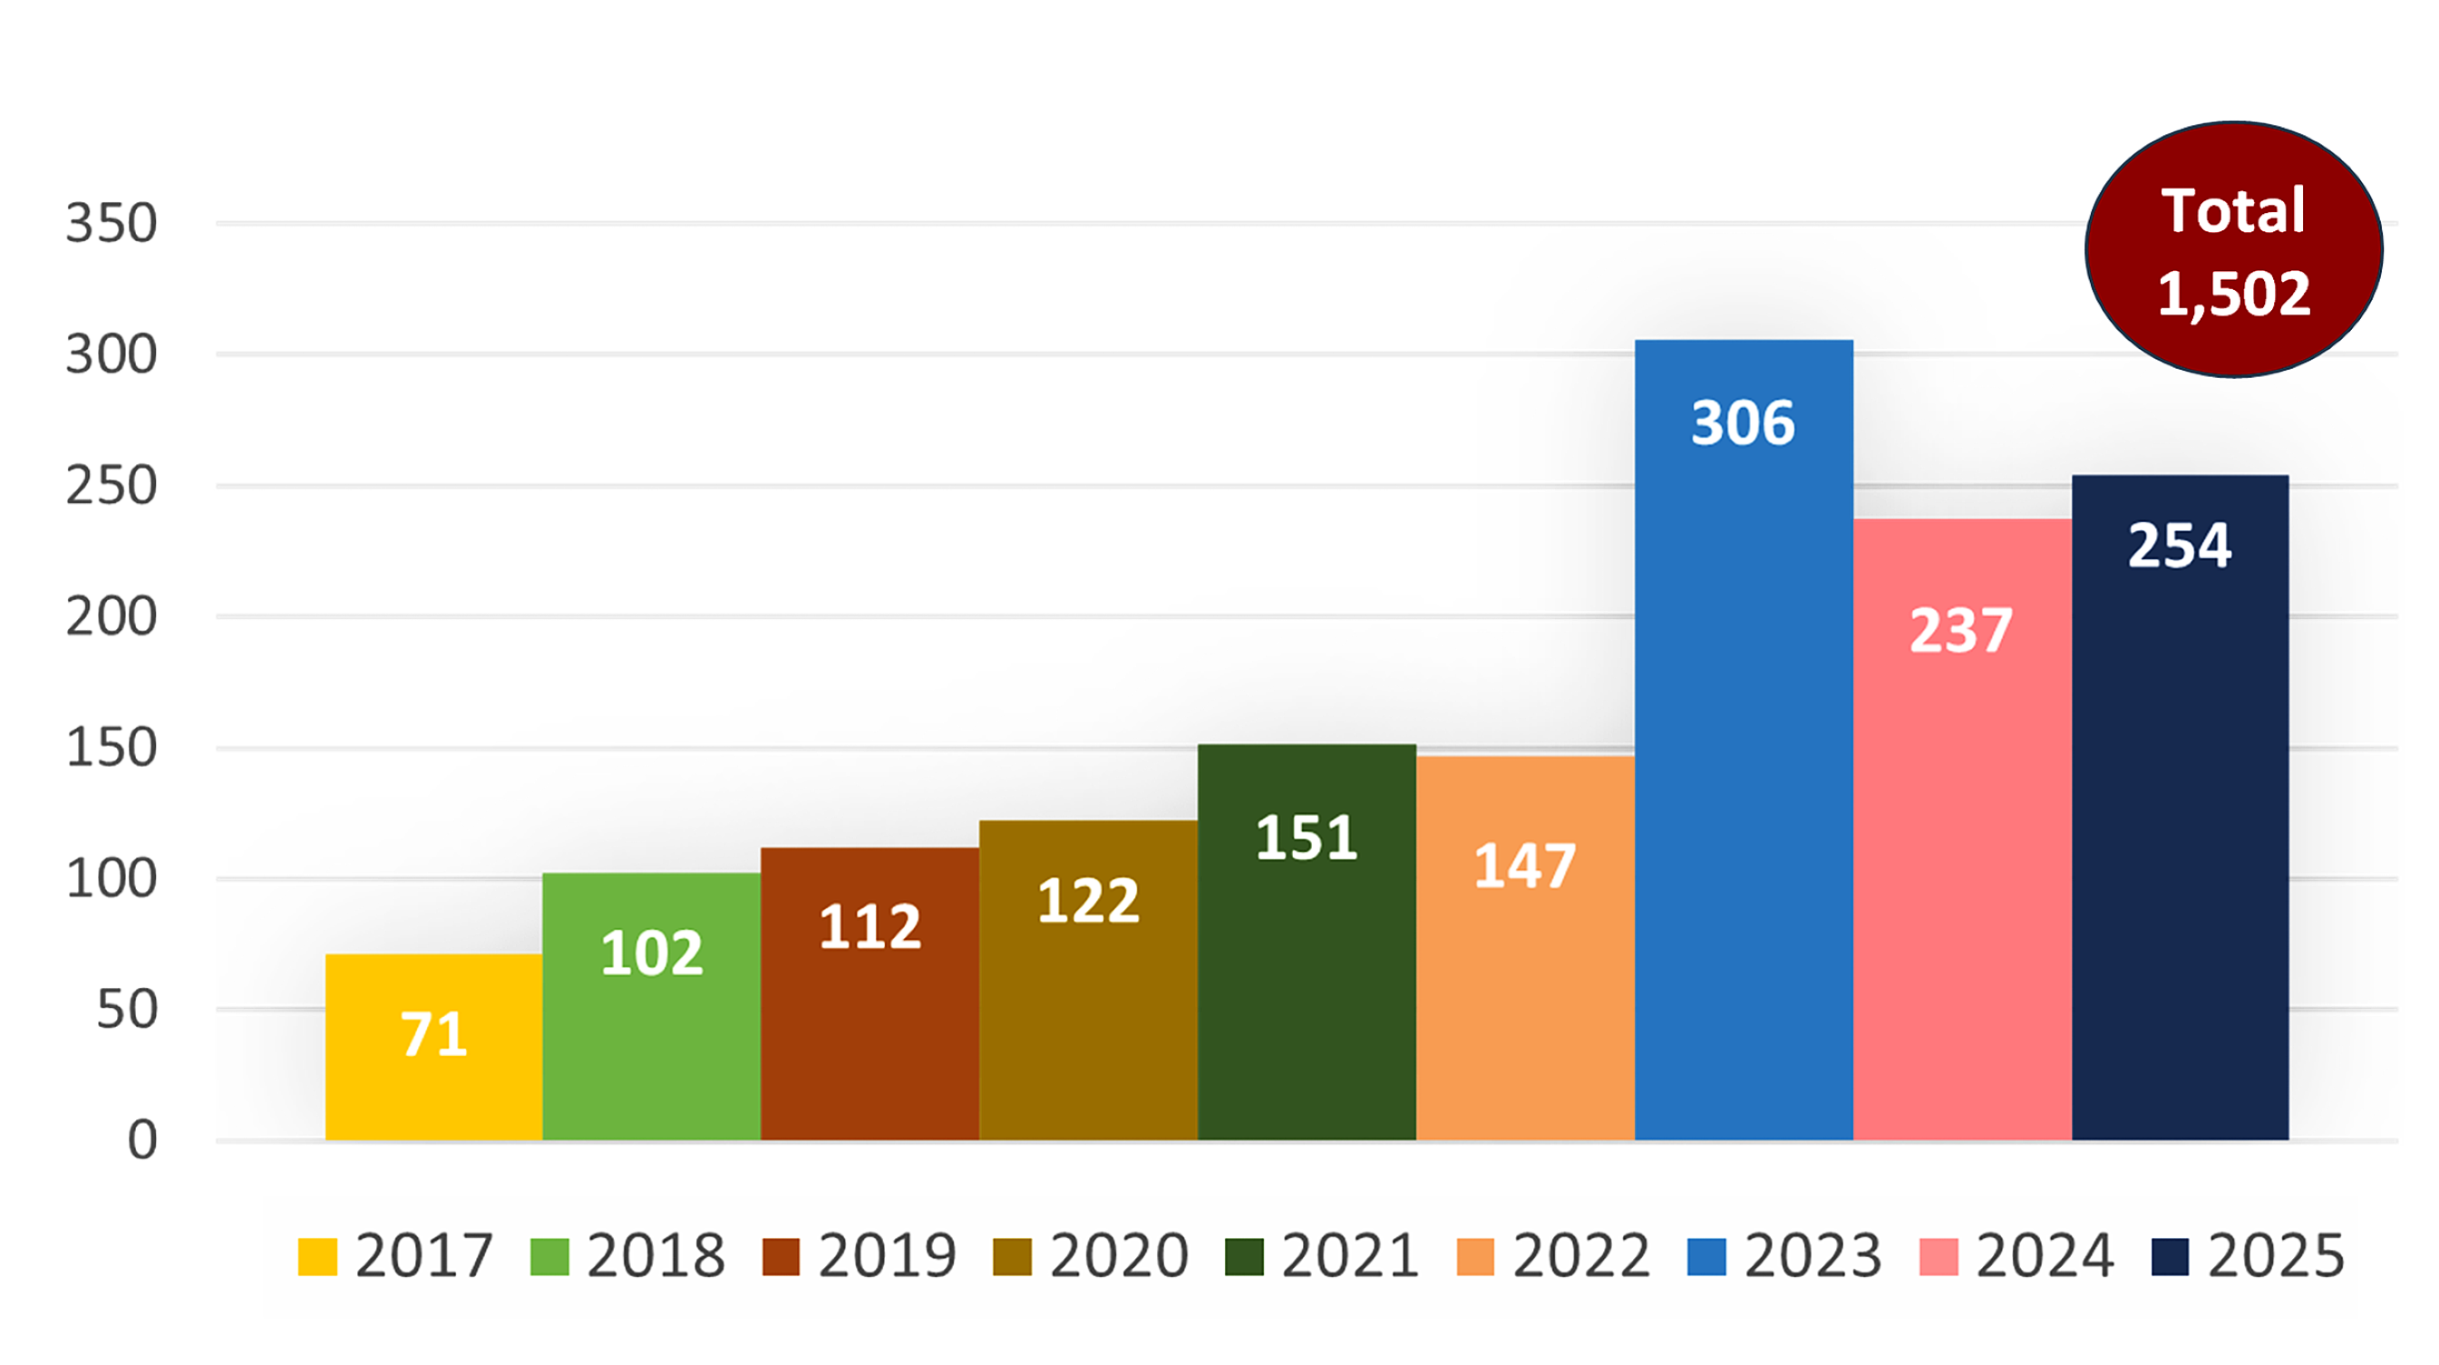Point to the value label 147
pos(1524,866)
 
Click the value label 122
pos(1088,900)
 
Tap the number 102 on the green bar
pos(651,953)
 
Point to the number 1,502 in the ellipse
pos(2233,294)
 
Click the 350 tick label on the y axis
pos(111,225)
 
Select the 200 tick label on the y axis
pos(111,617)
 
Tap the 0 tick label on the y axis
pos(142,1139)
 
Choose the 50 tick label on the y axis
pos(127,1010)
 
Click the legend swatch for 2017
pos(317,1257)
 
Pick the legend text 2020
pos(1118,1256)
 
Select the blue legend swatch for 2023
pos(1706,1257)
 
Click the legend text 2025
pos(2276,1256)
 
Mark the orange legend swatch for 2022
pos(1475,1257)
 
